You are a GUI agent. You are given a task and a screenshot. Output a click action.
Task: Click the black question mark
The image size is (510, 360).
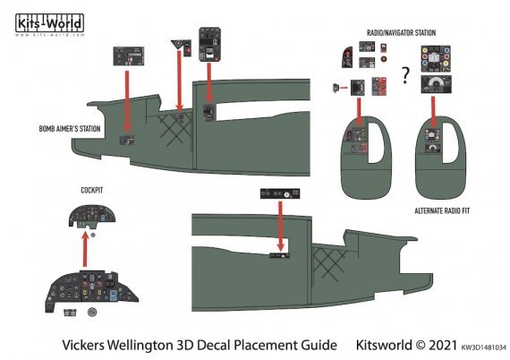(405, 80)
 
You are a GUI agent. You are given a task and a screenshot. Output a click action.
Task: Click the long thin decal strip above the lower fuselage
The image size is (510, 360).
(278, 193)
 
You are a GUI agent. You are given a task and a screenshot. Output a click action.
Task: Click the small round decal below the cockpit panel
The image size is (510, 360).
(92, 313)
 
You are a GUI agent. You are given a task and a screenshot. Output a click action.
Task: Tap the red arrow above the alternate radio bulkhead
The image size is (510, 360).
(433, 107)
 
